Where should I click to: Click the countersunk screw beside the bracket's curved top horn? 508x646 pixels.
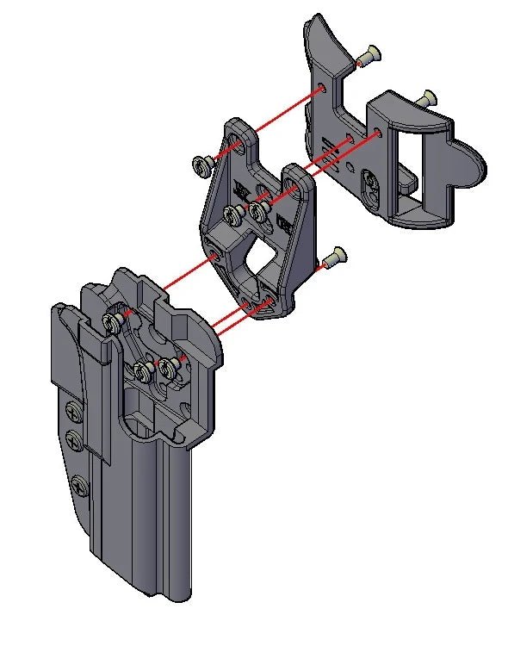tap(368, 56)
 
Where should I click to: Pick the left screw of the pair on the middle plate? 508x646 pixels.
tap(233, 213)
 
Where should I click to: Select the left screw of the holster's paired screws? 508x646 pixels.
tap(142, 372)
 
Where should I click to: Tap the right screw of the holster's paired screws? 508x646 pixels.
tap(167, 370)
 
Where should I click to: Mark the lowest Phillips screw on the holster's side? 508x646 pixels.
tap(80, 484)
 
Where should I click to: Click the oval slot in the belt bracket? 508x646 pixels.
tap(371, 188)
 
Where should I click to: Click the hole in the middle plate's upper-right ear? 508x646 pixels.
tap(296, 183)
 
